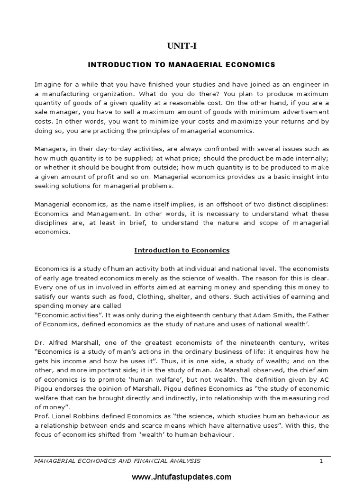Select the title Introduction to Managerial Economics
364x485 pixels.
182,64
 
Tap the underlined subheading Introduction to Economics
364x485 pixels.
182,250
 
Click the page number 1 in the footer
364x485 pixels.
321,460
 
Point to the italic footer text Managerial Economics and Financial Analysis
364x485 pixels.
118,460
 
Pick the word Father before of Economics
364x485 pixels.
318,315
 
